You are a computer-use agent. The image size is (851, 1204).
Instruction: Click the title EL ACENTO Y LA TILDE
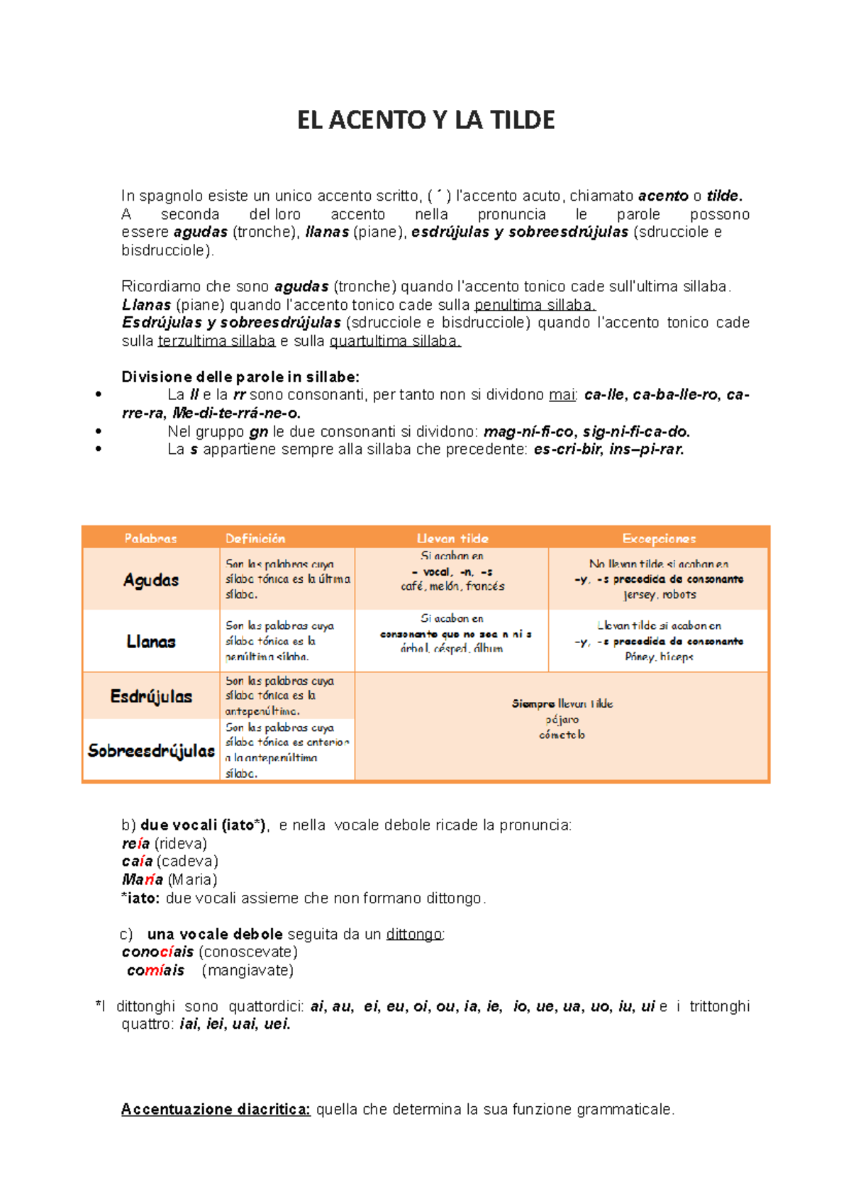click(425, 120)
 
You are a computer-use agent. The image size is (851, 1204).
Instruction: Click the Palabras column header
click(150, 538)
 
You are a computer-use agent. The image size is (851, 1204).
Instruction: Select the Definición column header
click(255, 538)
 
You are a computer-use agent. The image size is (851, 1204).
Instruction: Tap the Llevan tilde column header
click(452, 538)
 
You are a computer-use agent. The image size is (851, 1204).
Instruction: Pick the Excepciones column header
click(659, 538)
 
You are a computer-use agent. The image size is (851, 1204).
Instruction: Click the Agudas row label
click(150, 580)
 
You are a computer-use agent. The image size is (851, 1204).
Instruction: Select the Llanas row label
click(150, 642)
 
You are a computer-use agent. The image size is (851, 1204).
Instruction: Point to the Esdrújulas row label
click(151, 696)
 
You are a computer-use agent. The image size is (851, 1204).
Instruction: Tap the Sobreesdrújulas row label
click(151, 751)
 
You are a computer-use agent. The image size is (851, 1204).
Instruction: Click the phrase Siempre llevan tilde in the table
click(562, 703)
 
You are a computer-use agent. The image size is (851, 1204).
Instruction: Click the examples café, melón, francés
click(452, 586)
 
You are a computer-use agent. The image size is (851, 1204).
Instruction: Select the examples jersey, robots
click(659, 595)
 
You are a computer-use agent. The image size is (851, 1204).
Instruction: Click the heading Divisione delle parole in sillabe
click(240, 377)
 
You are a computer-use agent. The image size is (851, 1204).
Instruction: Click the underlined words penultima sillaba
click(535, 305)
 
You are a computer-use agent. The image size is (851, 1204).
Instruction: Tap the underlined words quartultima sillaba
click(395, 341)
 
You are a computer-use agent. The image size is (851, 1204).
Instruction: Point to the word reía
click(135, 844)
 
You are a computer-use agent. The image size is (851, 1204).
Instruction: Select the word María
click(143, 880)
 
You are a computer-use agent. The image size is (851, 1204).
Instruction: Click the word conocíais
click(157, 952)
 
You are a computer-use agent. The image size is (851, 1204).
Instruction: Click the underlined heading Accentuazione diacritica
click(216, 1109)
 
